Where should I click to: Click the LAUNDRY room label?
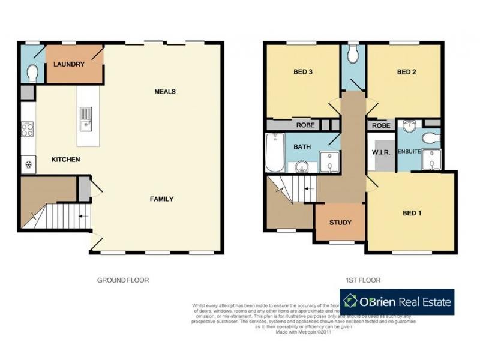coord(68,64)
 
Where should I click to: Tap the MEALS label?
coord(165,92)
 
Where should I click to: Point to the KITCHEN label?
coord(65,160)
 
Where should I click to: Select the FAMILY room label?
coord(161,199)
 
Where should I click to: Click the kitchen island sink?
coord(86,118)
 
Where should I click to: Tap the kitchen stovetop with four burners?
coord(27,130)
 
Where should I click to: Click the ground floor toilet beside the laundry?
coord(32,73)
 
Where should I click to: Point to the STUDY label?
coord(340,223)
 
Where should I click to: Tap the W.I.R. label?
coord(381,152)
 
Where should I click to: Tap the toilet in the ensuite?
coord(430,139)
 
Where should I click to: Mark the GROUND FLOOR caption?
coord(123,280)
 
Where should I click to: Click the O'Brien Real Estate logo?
coord(397,302)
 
